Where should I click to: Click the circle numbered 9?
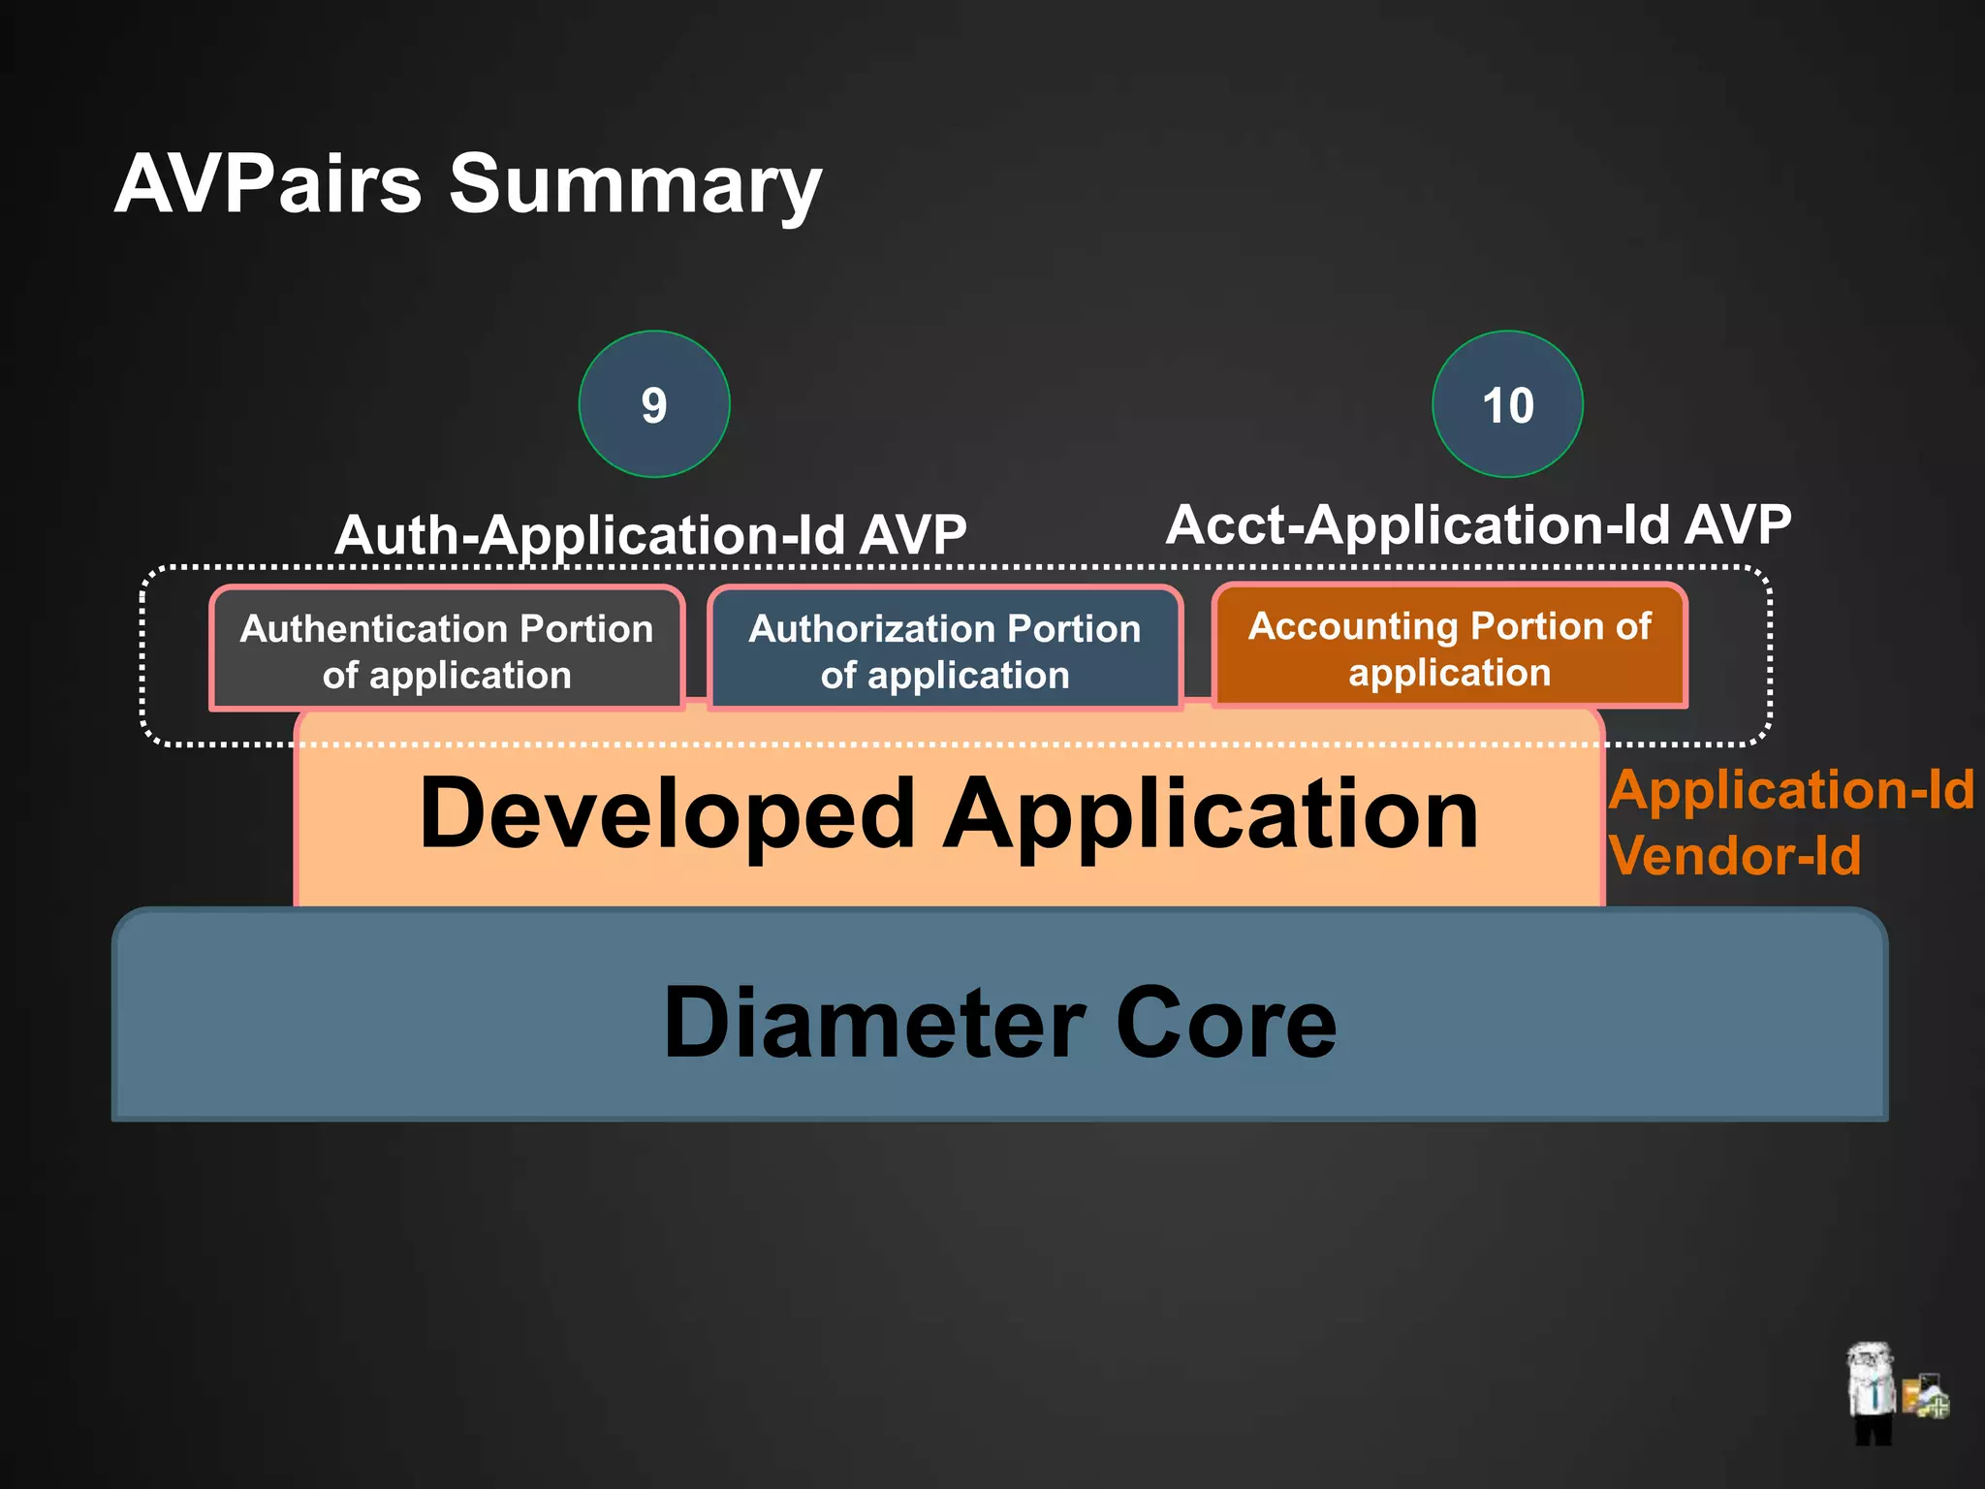(654, 404)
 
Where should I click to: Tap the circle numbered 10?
(1507, 404)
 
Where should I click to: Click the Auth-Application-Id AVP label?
(650, 534)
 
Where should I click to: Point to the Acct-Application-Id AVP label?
(1478, 524)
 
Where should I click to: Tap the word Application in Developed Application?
(1212, 814)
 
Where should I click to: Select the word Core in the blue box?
(1226, 1023)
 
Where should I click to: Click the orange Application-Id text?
(1791, 789)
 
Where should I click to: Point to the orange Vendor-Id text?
(1735, 856)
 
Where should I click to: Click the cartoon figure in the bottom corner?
(1871, 1391)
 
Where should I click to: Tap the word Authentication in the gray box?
(376, 629)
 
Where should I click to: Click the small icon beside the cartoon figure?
(1925, 1397)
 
